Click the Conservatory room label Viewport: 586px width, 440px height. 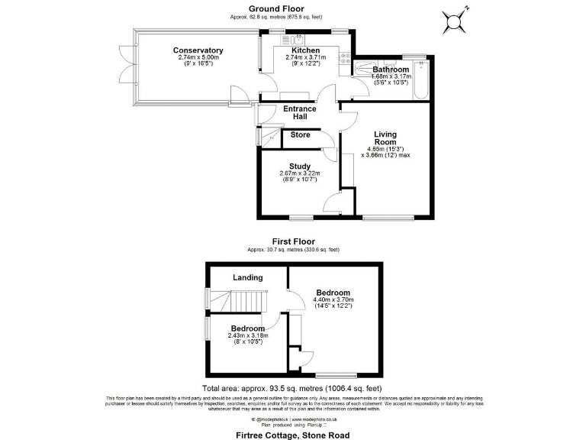pos(198,50)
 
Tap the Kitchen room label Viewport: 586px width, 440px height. pos(305,50)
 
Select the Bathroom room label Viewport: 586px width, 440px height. pos(391,70)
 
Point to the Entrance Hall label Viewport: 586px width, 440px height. pos(300,113)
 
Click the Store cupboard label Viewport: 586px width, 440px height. pos(301,135)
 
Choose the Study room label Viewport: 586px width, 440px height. pos(299,166)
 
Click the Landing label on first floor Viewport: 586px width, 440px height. pos(247,277)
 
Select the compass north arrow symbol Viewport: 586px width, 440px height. pos(457,19)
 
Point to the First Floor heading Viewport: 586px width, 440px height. pos(293,242)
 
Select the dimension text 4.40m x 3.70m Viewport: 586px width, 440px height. pos(333,300)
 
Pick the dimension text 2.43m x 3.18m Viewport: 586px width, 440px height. pos(248,335)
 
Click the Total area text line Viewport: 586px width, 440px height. pos(293,388)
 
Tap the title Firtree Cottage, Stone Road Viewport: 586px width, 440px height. pos(293,432)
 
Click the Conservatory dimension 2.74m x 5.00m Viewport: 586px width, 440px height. pos(198,57)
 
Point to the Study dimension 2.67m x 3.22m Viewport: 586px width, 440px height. pos(299,173)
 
